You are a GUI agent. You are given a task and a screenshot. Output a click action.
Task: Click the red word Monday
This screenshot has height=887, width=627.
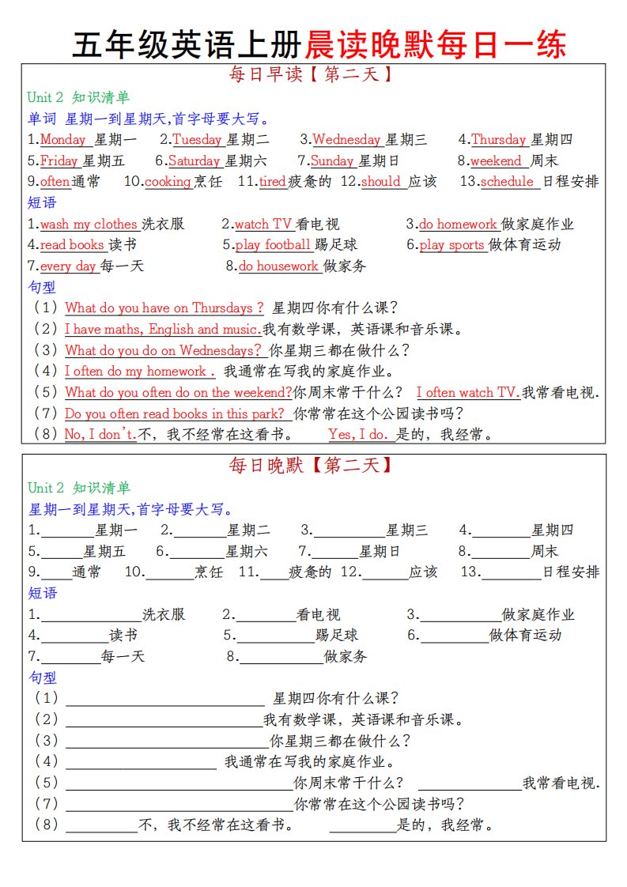[x=62, y=140]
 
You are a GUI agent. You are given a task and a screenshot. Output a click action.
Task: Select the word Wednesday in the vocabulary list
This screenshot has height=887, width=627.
[x=346, y=140]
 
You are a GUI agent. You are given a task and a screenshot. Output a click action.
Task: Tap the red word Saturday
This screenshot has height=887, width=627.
[x=194, y=161]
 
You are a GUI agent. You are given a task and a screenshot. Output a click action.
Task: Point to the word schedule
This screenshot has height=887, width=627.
[x=507, y=182]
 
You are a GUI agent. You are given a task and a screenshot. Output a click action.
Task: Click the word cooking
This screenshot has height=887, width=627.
[x=168, y=182]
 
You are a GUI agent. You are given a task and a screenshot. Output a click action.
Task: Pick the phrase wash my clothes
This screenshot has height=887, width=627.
[x=89, y=225]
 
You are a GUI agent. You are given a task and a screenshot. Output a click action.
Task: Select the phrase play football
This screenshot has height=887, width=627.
[x=273, y=245]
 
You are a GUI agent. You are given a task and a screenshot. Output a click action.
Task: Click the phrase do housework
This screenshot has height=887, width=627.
[x=278, y=266]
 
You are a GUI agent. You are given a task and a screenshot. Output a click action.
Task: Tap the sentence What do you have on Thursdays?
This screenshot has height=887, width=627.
[x=164, y=308]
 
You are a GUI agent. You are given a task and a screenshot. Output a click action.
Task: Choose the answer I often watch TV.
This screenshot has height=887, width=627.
[x=466, y=393]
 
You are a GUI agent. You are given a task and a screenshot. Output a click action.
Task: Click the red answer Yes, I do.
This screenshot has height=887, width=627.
[x=358, y=434]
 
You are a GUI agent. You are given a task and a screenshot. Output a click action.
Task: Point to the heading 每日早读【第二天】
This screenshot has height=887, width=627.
[x=311, y=76]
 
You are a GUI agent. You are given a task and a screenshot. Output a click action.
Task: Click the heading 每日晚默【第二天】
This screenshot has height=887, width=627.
[x=311, y=466]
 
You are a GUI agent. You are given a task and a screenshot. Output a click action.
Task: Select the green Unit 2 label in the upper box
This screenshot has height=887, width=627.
[x=45, y=97]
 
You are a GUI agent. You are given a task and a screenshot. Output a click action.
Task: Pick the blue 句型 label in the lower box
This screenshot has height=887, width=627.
[x=42, y=678]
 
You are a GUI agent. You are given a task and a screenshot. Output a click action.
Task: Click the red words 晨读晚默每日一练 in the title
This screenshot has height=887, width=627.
[x=436, y=44]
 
